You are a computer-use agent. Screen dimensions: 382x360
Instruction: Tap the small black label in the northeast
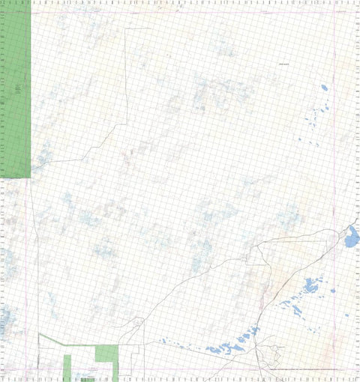(284, 64)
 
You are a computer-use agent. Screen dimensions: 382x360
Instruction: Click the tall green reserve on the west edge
(16, 90)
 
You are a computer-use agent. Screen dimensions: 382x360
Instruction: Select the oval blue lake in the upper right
(325, 88)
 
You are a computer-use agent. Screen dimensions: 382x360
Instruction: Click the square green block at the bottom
(107, 354)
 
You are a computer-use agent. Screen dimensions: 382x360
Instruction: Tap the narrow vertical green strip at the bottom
(67, 366)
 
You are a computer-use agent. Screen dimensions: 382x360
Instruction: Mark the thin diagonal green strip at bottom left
(51, 340)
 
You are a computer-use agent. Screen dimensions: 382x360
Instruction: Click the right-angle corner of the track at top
(125, 28)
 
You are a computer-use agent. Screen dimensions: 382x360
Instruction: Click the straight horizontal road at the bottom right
(307, 369)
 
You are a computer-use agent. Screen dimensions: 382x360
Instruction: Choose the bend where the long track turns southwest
(125, 124)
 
